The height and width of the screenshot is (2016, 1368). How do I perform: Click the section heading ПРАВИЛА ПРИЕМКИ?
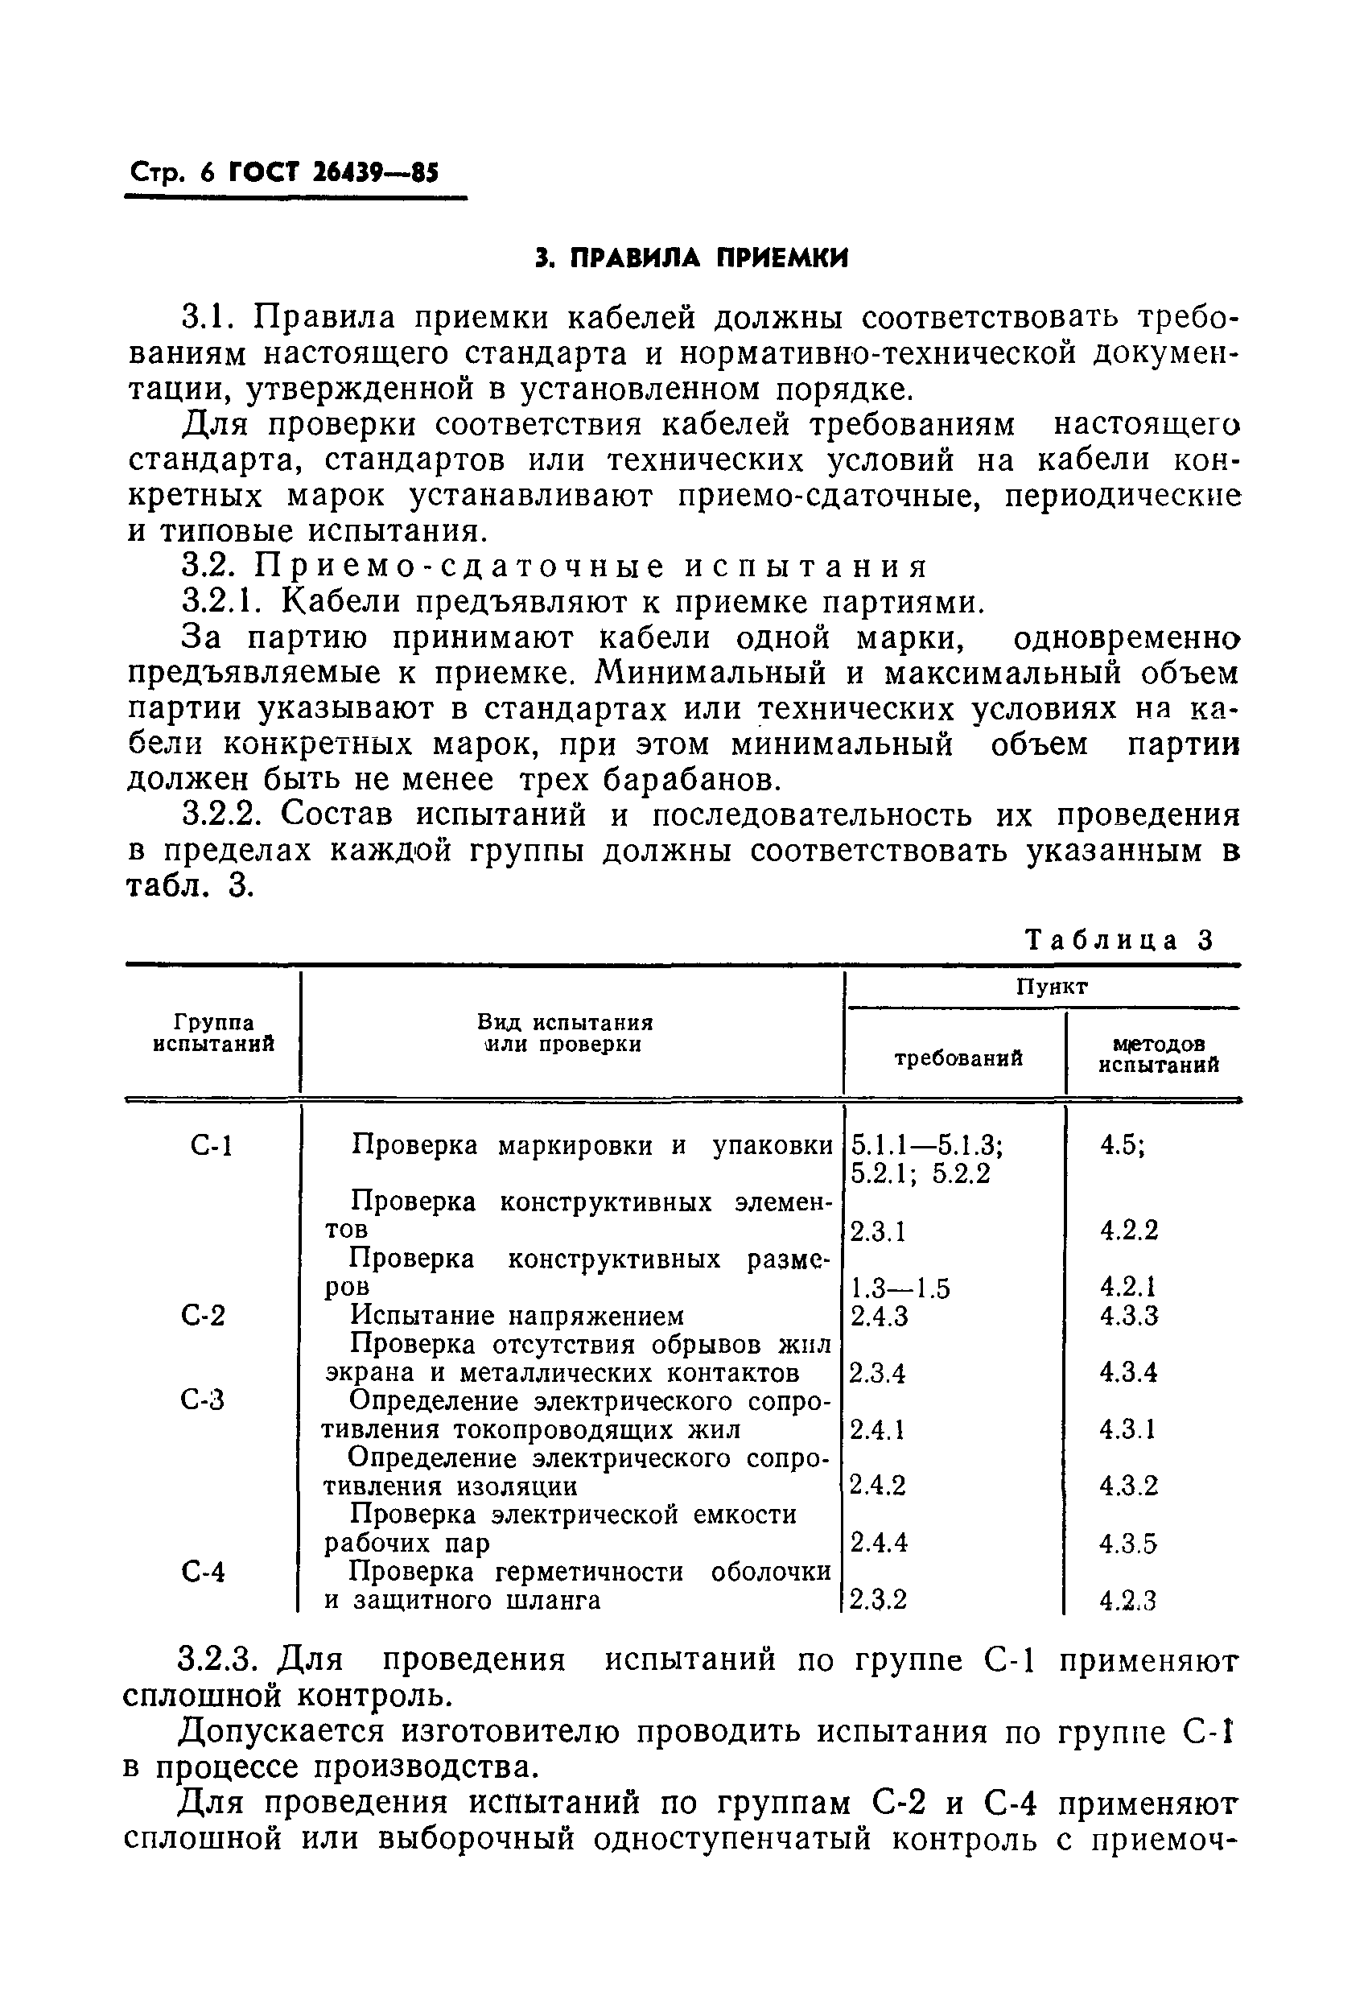[x=690, y=258]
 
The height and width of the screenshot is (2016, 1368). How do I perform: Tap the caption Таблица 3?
[x=1119, y=940]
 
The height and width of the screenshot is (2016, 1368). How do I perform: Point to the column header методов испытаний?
[x=1158, y=1055]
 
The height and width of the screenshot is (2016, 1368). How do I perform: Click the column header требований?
[x=958, y=1057]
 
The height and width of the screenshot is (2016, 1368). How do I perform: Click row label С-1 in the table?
[x=211, y=1147]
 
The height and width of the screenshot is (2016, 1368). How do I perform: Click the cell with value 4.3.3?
[x=1128, y=1316]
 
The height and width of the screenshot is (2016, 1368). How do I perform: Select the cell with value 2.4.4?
[x=878, y=1542]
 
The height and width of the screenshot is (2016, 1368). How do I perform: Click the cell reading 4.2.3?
[x=1127, y=1600]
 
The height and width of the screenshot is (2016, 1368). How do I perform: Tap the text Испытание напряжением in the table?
[x=517, y=1316]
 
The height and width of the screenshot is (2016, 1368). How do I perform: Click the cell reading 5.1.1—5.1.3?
[x=926, y=1146]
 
